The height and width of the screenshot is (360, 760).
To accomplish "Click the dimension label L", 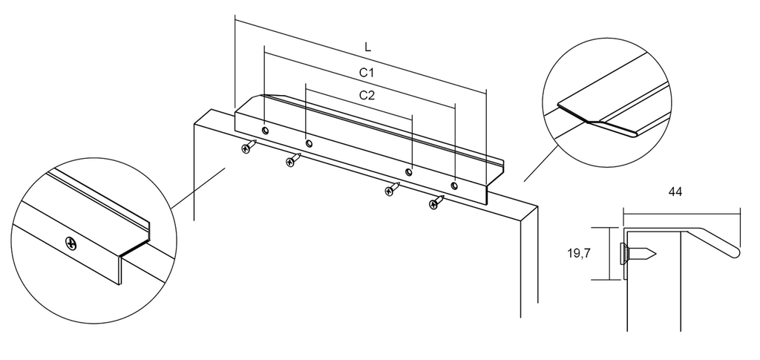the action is click(x=368, y=47).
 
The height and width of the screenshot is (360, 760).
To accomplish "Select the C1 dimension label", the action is click(x=367, y=73).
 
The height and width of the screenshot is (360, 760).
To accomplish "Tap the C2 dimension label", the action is click(x=367, y=95).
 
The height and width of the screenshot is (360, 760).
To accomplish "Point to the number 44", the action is click(x=675, y=192).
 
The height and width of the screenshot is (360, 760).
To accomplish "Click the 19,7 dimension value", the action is click(x=579, y=253).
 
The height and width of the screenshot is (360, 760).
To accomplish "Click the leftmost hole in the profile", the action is click(x=265, y=131).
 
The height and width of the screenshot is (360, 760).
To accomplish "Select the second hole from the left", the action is click(x=309, y=143).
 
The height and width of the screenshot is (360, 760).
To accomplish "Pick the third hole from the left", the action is click(x=409, y=172).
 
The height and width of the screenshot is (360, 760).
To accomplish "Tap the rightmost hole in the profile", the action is click(x=454, y=185).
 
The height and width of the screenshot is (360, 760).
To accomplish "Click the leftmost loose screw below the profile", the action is click(x=249, y=146).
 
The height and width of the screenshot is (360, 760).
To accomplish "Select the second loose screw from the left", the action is click(x=293, y=160).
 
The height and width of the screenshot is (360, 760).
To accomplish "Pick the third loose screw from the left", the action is click(x=392, y=189).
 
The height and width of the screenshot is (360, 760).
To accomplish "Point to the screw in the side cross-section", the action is click(x=638, y=253).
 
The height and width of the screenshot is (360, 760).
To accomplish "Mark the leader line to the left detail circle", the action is click(x=199, y=188).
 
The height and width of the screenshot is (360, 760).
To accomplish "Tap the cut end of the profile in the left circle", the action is click(x=134, y=252).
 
